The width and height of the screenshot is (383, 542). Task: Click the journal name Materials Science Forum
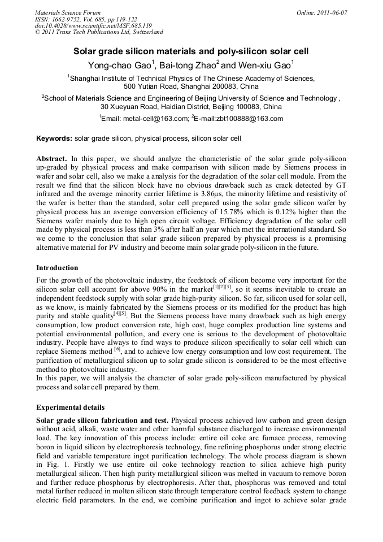(x=68, y=12)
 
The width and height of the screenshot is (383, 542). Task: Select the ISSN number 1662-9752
(x=69, y=19)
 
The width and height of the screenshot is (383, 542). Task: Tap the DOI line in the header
(x=93, y=25)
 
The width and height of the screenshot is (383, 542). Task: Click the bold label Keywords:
(x=54, y=138)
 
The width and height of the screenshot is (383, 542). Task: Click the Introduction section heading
(x=57, y=267)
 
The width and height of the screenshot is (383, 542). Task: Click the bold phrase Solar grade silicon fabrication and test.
(x=102, y=420)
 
